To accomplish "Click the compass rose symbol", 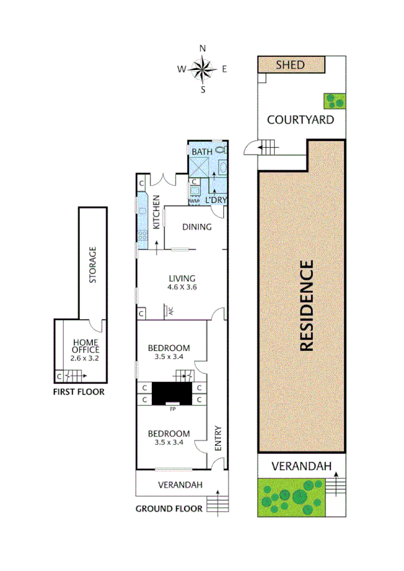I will click(x=202, y=68).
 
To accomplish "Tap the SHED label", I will click(x=290, y=65).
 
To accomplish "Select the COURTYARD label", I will click(x=300, y=120).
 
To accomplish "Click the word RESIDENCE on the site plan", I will click(x=306, y=306).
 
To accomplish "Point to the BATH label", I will click(x=202, y=152).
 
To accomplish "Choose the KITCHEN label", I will click(x=155, y=212).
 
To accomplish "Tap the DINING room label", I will click(x=197, y=227).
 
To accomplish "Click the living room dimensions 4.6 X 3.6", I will click(x=181, y=287).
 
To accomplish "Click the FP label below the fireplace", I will click(x=172, y=409).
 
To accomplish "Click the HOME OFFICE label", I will click(x=85, y=346).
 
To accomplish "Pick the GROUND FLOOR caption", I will click(x=169, y=509).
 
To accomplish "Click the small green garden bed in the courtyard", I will click(x=335, y=101).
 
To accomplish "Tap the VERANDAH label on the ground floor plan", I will click(x=180, y=485).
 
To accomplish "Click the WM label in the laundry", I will click(x=194, y=200).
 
